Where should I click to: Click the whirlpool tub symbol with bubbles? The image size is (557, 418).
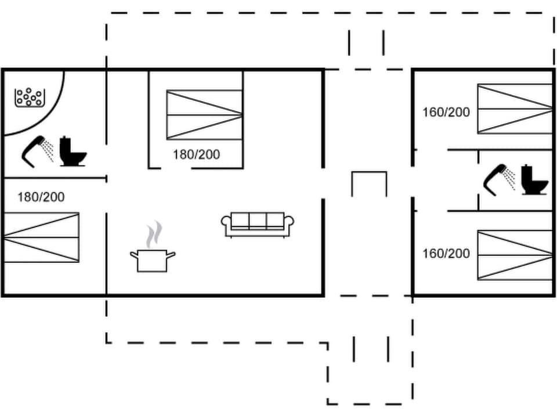(29, 97)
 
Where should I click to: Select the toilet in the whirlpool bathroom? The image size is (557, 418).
(72, 152)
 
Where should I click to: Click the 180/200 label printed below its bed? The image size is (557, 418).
(196, 154)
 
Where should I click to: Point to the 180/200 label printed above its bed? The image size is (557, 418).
(41, 197)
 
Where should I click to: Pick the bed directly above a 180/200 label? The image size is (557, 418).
(204, 115)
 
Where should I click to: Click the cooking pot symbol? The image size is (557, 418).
(152, 260)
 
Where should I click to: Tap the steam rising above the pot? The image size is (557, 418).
(154, 235)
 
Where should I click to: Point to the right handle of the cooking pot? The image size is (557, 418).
(171, 254)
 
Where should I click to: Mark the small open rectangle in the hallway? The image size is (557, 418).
(369, 183)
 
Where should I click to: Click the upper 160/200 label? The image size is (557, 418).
(446, 112)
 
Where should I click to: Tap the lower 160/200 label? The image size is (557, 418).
(446, 254)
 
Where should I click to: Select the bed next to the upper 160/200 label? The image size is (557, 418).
(515, 109)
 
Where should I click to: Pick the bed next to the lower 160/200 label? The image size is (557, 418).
(515, 255)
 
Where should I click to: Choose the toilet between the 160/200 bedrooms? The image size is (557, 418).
(534, 181)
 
